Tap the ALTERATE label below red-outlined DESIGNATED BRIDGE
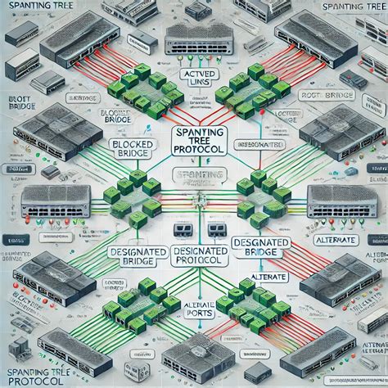coord(260,276)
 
